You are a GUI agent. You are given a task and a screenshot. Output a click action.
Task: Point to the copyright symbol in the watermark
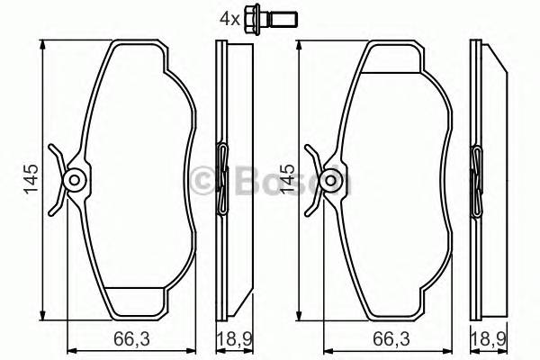[208, 179]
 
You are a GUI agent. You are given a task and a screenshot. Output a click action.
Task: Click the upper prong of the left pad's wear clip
[56, 153]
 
